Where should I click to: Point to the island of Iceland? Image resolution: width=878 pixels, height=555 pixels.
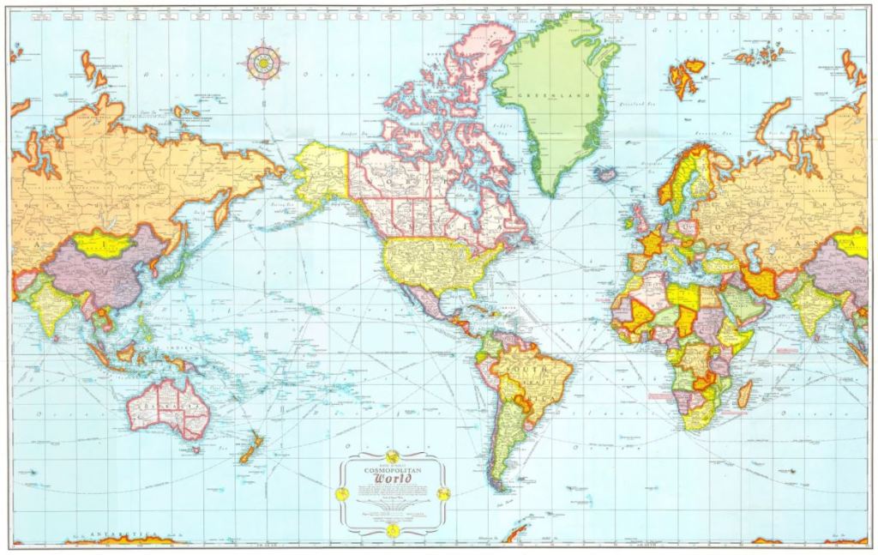point(607,174)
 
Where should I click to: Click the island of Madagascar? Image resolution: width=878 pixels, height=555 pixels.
point(744,394)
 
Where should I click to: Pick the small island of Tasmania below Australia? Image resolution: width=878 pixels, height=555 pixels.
point(195,449)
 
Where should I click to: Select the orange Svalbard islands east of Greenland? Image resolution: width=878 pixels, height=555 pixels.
point(685,76)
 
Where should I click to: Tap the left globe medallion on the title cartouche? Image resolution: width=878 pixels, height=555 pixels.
point(341,494)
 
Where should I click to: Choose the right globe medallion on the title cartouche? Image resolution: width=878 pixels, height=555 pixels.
point(443,494)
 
